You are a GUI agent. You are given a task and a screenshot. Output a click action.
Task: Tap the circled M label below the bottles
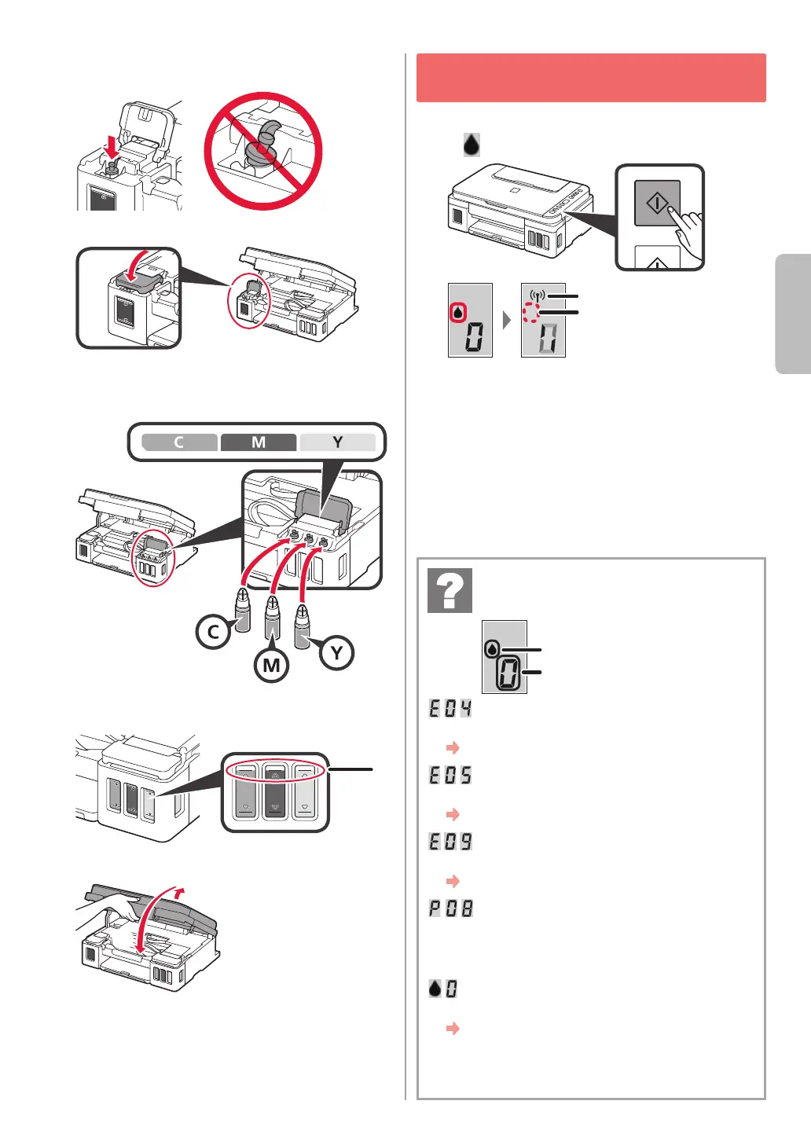coord(271,665)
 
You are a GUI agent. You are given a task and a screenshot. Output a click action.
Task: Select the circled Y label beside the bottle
coord(336,652)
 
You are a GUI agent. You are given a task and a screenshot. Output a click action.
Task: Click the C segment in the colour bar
coord(179,442)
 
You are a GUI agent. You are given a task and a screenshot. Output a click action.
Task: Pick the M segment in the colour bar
coord(259,442)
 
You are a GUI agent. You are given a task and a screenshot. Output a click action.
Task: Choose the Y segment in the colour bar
coord(337,442)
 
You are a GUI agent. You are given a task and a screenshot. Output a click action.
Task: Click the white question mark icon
coord(450,590)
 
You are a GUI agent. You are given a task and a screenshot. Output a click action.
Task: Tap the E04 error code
coord(450,708)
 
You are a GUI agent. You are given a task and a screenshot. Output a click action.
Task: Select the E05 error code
coord(450,775)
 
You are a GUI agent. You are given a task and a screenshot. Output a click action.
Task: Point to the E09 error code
coord(450,842)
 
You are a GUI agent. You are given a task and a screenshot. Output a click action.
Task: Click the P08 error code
coord(450,908)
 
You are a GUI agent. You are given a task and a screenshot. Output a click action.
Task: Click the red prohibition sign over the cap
coord(263,151)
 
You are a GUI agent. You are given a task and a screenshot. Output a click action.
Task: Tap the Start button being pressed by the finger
coord(657,204)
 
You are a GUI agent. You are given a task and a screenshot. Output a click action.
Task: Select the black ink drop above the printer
coord(471,145)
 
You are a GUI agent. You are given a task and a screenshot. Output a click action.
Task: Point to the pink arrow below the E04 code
coord(453,747)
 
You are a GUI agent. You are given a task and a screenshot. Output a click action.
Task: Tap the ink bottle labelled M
coord(272,621)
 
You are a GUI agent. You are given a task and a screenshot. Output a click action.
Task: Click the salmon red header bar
coord(591,78)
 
